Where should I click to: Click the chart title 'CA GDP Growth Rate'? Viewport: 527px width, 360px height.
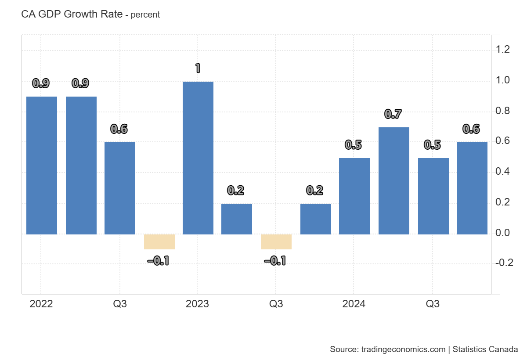tap(72, 14)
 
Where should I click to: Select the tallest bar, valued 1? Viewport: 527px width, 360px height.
tap(198, 158)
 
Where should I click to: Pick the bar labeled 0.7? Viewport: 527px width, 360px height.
tap(393, 181)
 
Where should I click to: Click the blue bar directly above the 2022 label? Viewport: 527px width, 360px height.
tap(42, 166)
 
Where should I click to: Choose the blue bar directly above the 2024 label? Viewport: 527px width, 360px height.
tap(354, 196)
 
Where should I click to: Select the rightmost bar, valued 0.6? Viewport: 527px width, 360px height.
tap(472, 188)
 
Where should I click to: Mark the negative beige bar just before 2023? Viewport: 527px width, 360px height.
tap(159, 242)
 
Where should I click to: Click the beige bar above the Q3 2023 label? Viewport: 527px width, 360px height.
tap(276, 242)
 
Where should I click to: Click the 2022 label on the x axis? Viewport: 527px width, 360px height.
tap(41, 304)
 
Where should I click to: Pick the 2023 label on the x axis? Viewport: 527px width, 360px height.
tap(197, 304)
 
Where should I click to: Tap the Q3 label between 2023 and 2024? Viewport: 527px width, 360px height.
tap(276, 304)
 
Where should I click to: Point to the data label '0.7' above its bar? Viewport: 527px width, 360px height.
tap(393, 114)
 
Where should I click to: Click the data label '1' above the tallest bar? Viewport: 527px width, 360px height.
tap(198, 68)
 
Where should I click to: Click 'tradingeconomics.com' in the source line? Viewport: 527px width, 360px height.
tap(403, 350)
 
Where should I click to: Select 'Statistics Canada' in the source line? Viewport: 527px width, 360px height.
tap(485, 350)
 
